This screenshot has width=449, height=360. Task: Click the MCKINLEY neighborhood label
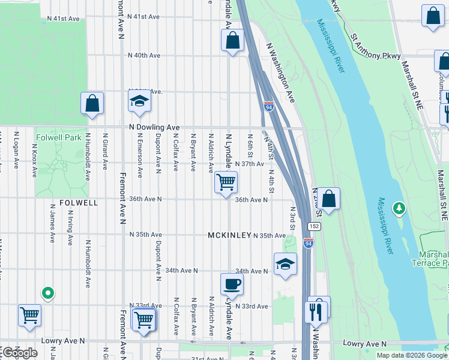tap(229, 235)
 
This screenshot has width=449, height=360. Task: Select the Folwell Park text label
tap(58, 137)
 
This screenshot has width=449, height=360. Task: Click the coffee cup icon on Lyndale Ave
tap(232, 284)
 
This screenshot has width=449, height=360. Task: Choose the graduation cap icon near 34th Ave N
tap(285, 263)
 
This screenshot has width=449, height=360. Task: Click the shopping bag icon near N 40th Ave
tap(232, 41)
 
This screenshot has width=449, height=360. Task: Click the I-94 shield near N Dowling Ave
tap(268, 107)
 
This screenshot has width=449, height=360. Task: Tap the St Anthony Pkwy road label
tap(375, 47)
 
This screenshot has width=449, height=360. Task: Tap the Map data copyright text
tap(412, 355)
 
